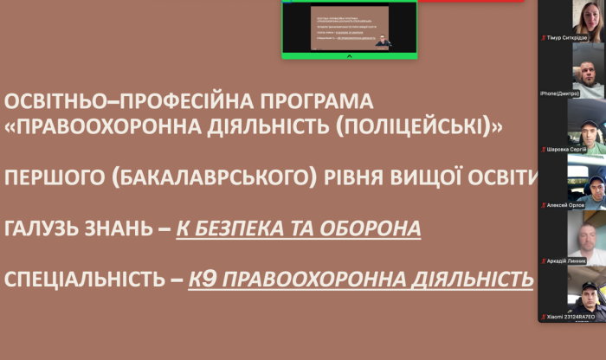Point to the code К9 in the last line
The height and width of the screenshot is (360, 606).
(204, 280)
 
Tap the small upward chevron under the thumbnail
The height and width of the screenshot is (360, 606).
(349, 55)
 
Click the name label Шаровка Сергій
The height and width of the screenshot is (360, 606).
(568, 149)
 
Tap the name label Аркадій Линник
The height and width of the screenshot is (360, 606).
(567, 260)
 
